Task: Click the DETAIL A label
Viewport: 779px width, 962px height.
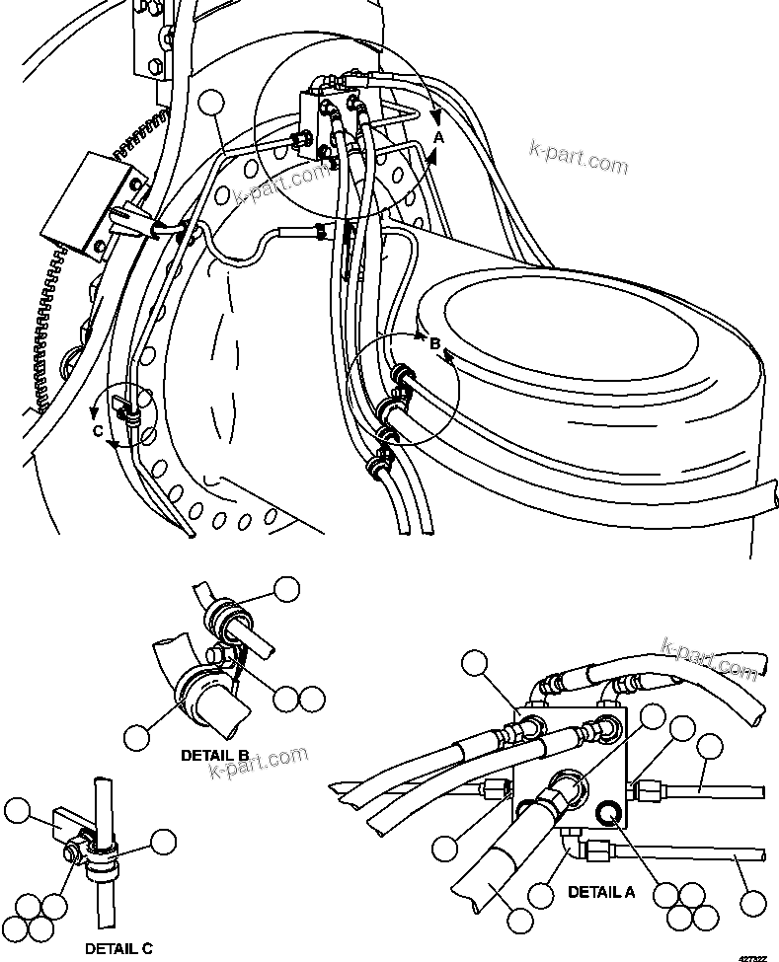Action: pyautogui.click(x=601, y=892)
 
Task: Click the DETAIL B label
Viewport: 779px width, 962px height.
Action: pyautogui.click(x=214, y=755)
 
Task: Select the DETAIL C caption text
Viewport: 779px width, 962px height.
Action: pyautogui.click(x=118, y=948)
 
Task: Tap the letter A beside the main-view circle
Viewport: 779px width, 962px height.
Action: pyautogui.click(x=439, y=138)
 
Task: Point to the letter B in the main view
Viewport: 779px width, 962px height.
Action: pyautogui.click(x=434, y=343)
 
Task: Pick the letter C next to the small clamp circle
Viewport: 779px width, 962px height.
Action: pyautogui.click(x=97, y=430)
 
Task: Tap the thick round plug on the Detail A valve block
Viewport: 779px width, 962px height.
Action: pyautogui.click(x=608, y=812)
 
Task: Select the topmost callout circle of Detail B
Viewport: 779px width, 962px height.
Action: pyautogui.click(x=286, y=589)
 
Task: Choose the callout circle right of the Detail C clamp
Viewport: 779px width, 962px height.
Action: pyautogui.click(x=163, y=842)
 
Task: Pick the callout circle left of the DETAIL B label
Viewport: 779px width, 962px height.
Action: pyautogui.click(x=137, y=736)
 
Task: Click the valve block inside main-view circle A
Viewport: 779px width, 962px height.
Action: pyautogui.click(x=320, y=122)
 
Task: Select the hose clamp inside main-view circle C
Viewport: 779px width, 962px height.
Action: pyautogui.click(x=123, y=412)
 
